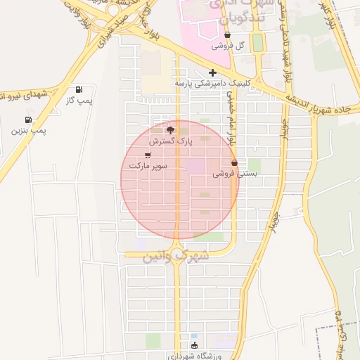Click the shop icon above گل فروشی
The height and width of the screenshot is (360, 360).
pos(227,35)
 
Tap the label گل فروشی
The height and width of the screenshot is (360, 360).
pos(226,46)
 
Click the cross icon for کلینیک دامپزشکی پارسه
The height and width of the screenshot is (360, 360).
pos(212,72)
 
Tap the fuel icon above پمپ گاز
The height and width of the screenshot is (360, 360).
pos(79,90)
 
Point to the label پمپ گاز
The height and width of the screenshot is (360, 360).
pos(79,101)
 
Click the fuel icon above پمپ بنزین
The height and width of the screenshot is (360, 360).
pos(29,120)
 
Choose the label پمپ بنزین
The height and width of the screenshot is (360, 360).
pos(29,131)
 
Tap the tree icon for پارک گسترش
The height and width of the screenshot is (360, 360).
pos(169,130)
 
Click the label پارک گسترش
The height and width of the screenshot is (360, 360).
pos(169,141)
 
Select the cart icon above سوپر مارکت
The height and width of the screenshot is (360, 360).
pos(148,155)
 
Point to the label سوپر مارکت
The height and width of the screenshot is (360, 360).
pos(148,166)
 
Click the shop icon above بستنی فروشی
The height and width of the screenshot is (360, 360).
pos(235,162)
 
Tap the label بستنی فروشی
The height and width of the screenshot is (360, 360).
pos(235,173)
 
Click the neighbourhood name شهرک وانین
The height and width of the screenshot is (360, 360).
pos(176,254)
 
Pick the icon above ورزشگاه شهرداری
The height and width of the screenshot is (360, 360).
pos(195,345)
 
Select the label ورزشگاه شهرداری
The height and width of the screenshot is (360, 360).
pos(195,355)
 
